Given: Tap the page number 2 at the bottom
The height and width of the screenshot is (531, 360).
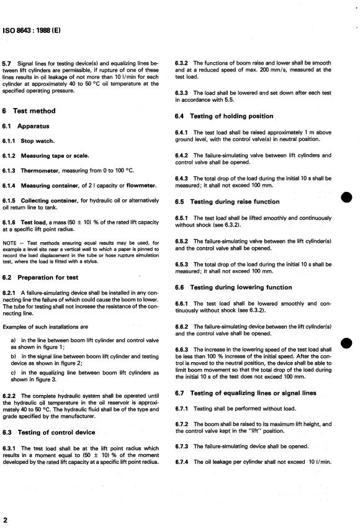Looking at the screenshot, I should [x=5, y=519].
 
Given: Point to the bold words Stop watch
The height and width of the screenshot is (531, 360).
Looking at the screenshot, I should [x=37, y=141].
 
